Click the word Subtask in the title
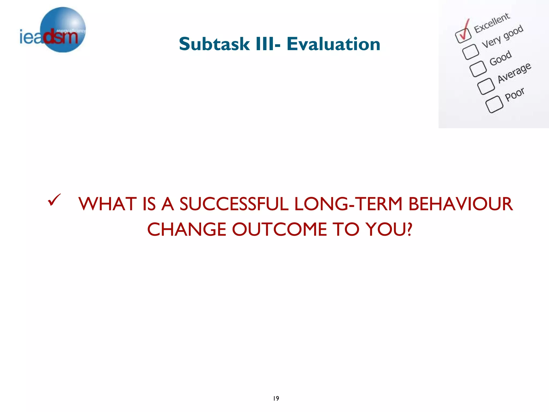[x=214, y=44]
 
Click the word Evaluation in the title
[x=333, y=44]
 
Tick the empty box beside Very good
[x=470, y=51]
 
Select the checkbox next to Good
[x=478, y=69]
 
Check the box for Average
[x=486, y=86]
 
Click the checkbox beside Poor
[x=494, y=104]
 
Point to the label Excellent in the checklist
[x=492, y=23]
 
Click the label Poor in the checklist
[x=514, y=94]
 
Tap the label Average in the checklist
[x=514, y=73]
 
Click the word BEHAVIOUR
[x=460, y=204]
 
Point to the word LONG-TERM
[x=348, y=204]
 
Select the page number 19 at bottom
[x=276, y=398]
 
